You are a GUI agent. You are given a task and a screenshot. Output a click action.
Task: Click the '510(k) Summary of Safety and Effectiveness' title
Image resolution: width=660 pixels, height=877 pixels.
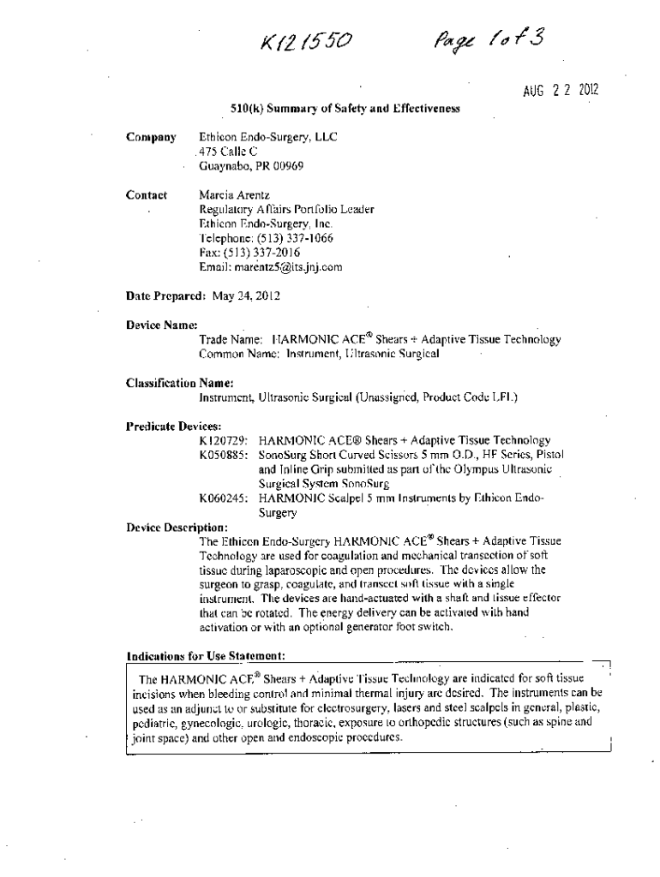click(x=345, y=109)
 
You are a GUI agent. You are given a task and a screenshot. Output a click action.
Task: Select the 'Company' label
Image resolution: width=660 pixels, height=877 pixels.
click(x=151, y=137)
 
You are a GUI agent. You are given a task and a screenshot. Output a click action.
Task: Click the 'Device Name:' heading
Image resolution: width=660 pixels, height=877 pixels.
click(x=162, y=325)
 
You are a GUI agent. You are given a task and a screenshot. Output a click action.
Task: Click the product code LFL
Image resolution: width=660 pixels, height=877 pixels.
click(x=502, y=397)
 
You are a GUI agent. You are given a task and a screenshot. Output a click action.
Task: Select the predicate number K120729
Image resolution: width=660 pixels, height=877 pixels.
click(x=224, y=440)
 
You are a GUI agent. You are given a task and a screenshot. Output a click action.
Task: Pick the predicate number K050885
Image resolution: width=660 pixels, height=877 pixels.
click(x=224, y=455)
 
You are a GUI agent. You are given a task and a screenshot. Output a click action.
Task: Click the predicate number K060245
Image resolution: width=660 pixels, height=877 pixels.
click(x=224, y=498)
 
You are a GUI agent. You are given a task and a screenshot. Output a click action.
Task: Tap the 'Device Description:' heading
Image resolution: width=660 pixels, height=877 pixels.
click(x=177, y=527)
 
